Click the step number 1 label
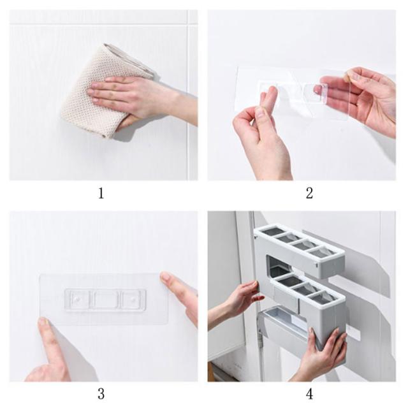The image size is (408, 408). [x=101, y=194]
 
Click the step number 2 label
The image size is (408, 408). [x=309, y=194]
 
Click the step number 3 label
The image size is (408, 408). [x=101, y=394]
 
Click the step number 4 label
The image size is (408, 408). [x=309, y=394]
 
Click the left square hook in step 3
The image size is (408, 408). [x=77, y=299]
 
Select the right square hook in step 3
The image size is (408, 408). [x=132, y=299]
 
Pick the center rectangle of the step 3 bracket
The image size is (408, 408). [x=106, y=299]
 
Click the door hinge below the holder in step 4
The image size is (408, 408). [x=260, y=338]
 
